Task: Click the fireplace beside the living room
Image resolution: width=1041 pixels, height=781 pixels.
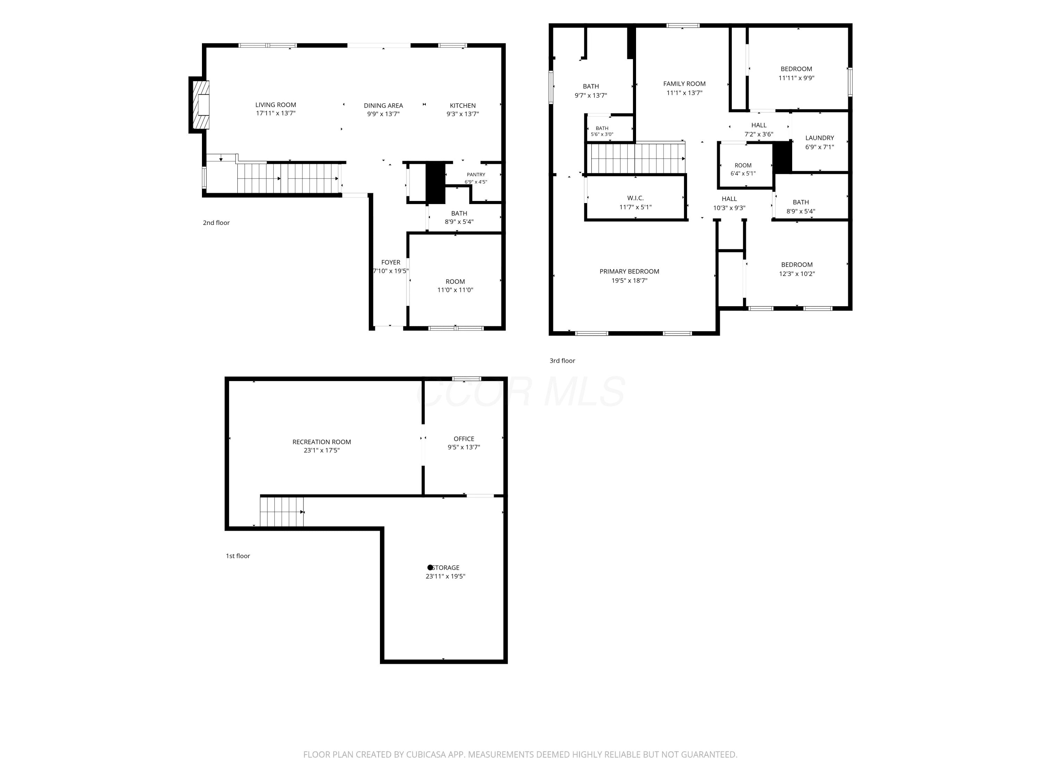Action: [x=200, y=105]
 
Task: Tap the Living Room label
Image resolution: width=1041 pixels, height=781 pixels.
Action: [x=276, y=105]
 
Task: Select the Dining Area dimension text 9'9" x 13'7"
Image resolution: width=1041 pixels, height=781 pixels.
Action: [x=383, y=114]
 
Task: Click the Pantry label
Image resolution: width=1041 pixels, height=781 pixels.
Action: [x=476, y=175]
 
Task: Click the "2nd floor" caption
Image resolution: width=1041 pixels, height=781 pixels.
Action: [x=216, y=223]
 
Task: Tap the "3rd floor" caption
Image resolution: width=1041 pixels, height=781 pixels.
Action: [x=562, y=361]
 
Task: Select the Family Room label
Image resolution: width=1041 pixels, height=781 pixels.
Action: [x=684, y=84]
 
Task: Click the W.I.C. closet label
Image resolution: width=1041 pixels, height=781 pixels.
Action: [x=635, y=198]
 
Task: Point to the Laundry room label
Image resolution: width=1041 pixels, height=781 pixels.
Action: [x=819, y=138]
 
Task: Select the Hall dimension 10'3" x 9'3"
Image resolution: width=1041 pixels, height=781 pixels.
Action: [x=729, y=208]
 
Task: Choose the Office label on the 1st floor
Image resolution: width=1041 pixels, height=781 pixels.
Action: [x=464, y=439]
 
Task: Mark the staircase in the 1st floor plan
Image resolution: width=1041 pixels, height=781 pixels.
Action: [x=282, y=512]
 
